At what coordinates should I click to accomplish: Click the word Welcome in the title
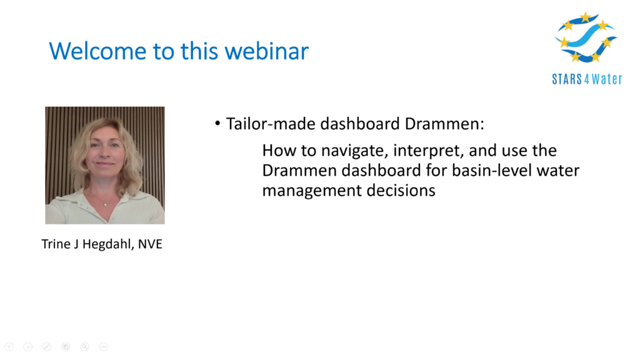coord(97,51)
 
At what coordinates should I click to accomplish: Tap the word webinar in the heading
coord(266,51)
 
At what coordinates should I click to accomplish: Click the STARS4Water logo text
coord(587,79)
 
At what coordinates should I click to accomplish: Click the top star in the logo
coord(586,17)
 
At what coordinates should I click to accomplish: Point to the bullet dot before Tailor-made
coord(217,123)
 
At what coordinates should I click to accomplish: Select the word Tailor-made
coord(271,124)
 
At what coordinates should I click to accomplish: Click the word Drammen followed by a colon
coord(444,124)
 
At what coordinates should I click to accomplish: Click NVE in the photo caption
coord(150,244)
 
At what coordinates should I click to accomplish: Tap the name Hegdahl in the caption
coord(107,244)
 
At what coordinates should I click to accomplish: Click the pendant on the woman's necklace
coord(105,204)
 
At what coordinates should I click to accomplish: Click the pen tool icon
coord(47,346)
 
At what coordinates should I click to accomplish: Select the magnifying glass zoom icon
coord(84,346)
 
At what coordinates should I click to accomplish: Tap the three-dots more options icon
coord(104,346)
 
